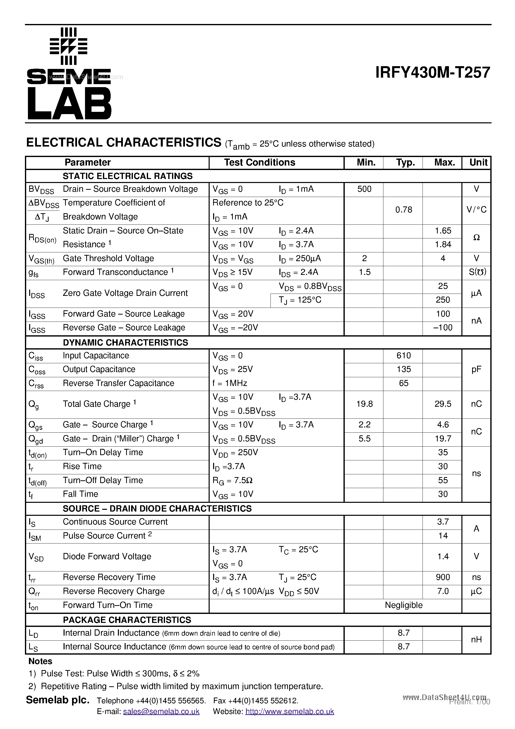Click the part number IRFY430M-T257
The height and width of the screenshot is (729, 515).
(432, 72)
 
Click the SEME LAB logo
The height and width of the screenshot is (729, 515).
(69, 74)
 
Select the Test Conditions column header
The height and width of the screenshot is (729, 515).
(259, 163)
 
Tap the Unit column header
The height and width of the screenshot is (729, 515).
(478, 163)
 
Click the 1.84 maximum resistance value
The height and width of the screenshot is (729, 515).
(443, 244)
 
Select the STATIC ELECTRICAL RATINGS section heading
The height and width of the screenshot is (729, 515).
(127, 176)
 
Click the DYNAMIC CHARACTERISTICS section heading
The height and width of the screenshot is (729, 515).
(125, 343)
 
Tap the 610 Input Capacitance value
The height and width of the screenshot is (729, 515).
(403, 356)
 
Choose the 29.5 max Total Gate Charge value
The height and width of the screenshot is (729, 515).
(443, 404)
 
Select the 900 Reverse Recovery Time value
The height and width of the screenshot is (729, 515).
(443, 577)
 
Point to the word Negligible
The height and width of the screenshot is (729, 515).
(403, 605)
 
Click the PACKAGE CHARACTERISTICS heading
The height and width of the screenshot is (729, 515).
(127, 620)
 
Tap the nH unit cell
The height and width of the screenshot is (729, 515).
(476, 640)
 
